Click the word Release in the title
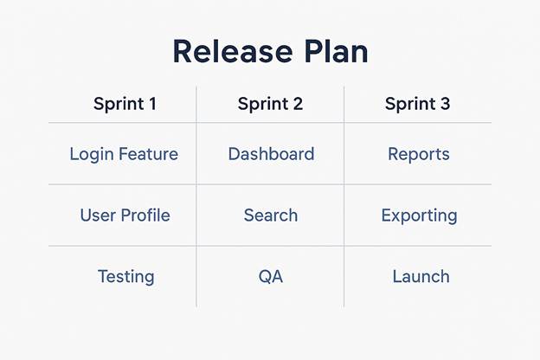click(x=233, y=52)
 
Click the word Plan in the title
click(x=337, y=52)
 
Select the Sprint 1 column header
click(x=125, y=105)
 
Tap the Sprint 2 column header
click(x=270, y=104)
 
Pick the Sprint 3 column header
click(x=417, y=104)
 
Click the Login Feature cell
click(x=124, y=154)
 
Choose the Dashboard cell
click(x=271, y=154)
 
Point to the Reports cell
click(x=419, y=154)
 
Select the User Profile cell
click(x=125, y=215)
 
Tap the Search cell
click(x=271, y=215)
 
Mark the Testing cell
click(x=126, y=277)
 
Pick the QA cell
click(x=271, y=277)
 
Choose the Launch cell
click(x=421, y=277)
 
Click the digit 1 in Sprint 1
click(x=152, y=104)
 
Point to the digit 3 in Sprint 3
click(x=446, y=104)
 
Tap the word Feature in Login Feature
click(x=149, y=154)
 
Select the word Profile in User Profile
click(x=145, y=215)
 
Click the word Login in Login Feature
click(x=92, y=154)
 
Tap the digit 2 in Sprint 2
click(x=299, y=104)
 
